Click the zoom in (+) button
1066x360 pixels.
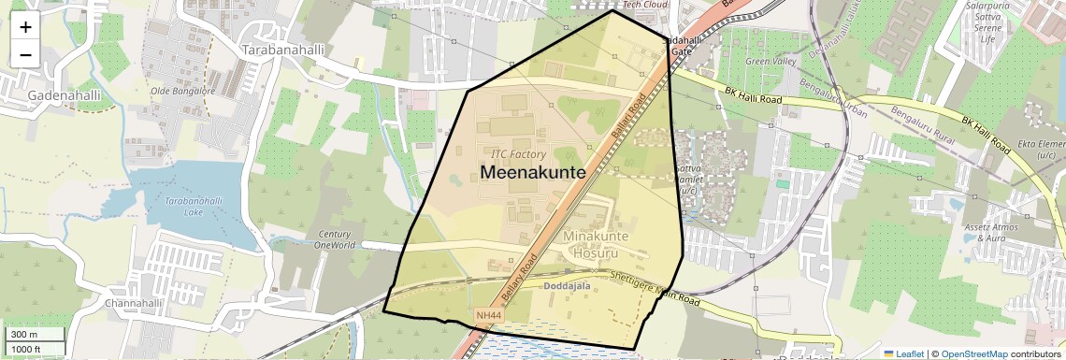click(25, 26)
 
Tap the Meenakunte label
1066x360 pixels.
click(532, 173)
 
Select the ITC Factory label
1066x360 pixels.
click(518, 153)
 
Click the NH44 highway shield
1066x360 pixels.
click(488, 316)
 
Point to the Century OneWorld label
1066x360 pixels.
click(336, 239)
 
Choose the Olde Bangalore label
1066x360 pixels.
click(183, 92)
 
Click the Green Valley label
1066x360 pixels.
click(771, 62)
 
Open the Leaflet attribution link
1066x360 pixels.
click(902, 353)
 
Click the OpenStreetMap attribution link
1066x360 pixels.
click(974, 353)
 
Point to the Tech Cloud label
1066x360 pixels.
click(644, 5)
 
